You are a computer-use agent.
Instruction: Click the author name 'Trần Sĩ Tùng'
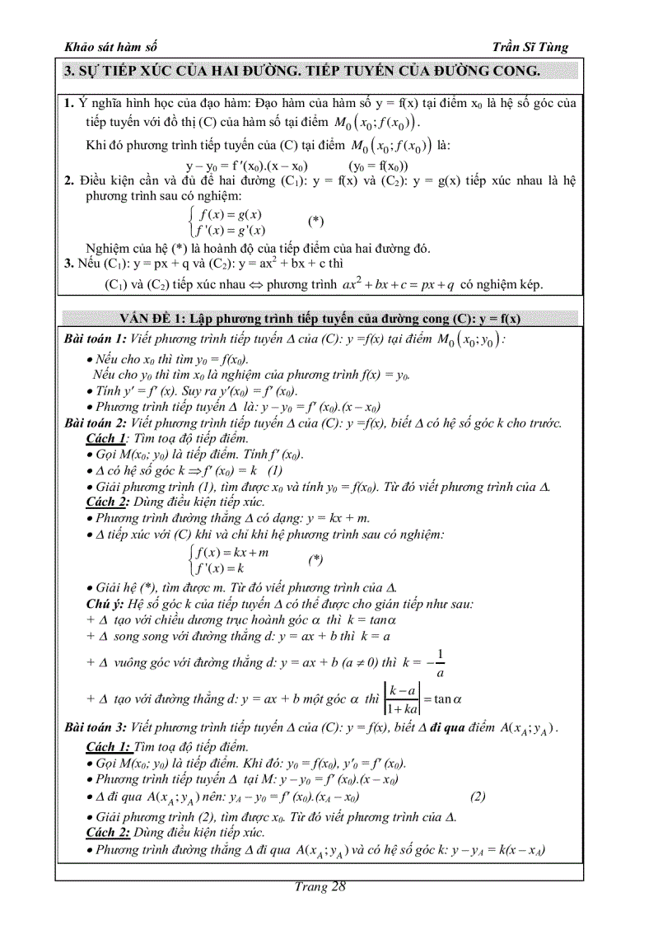point(535,47)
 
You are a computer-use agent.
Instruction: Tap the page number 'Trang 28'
point(320,886)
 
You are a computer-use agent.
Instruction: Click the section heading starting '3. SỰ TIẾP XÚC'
point(301,72)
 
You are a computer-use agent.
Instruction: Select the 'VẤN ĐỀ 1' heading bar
point(320,319)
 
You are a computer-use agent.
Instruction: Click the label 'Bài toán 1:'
point(96,339)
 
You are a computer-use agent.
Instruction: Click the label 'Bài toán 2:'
point(96,423)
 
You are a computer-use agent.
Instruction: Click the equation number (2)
point(478,797)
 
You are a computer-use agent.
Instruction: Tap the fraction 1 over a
point(440,663)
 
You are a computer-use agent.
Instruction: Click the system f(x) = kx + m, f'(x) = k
point(230,559)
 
